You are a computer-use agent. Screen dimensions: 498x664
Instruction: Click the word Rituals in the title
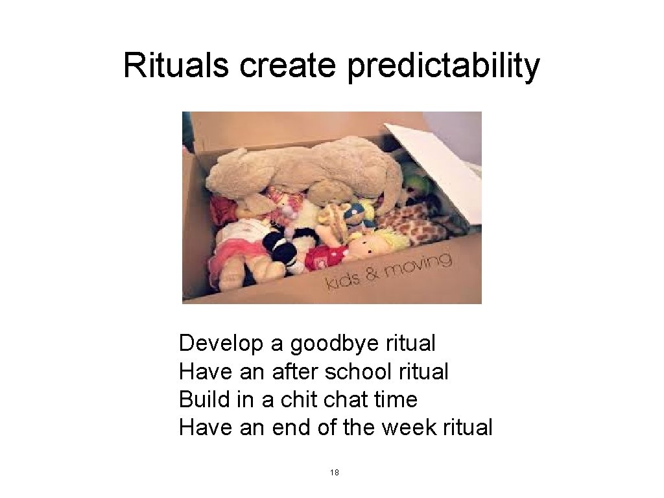click(x=175, y=65)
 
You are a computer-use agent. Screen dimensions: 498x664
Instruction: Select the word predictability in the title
click(x=443, y=67)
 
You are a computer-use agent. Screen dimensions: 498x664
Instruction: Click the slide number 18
click(x=335, y=472)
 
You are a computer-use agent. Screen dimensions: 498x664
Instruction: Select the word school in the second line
click(x=358, y=372)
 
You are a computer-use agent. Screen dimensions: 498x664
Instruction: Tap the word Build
click(x=204, y=399)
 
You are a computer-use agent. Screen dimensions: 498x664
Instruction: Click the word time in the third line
click(x=396, y=399)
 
